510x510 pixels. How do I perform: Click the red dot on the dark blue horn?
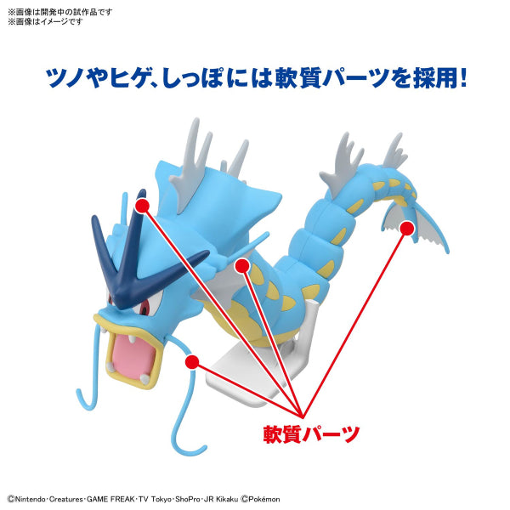(141, 205)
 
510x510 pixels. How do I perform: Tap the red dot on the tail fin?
(407, 227)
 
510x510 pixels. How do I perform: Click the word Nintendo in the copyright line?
(33, 499)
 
